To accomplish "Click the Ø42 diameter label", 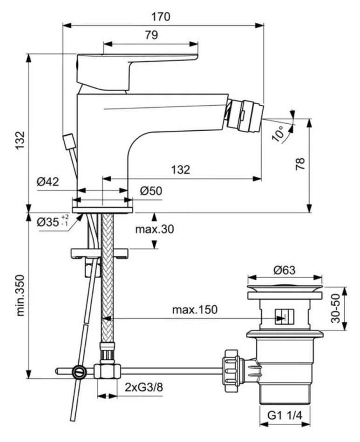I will [48, 182].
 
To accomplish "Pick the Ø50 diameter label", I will [150, 191].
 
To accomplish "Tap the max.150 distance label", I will [194, 309].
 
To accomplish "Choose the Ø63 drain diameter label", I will [285, 269].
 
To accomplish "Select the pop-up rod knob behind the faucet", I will [68, 141].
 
